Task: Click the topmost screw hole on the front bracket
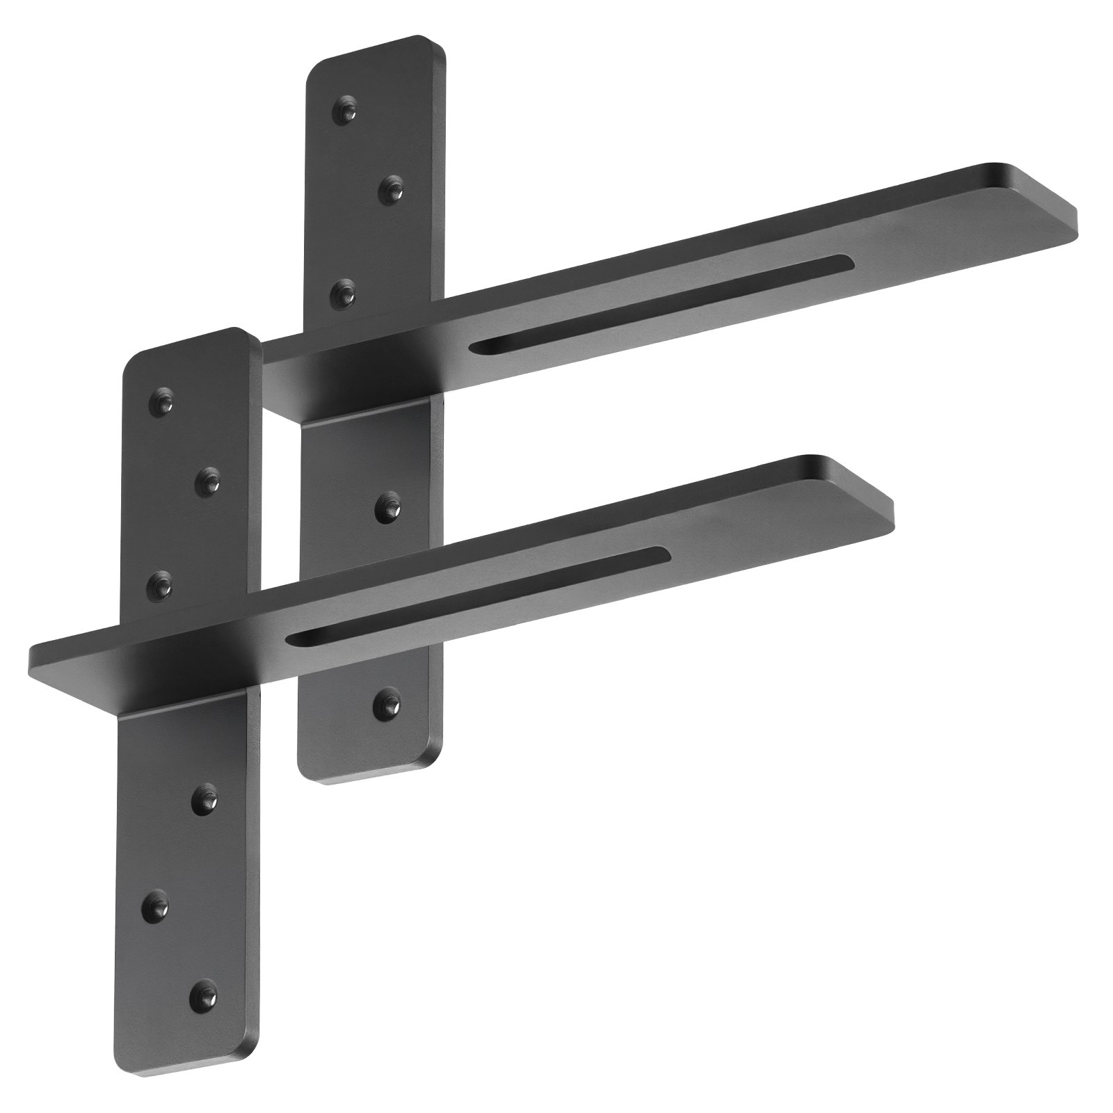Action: (163, 403)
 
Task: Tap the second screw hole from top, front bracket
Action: (207, 479)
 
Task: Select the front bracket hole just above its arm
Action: (162, 578)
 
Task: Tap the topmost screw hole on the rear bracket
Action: (345, 109)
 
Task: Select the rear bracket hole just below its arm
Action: (387, 507)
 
